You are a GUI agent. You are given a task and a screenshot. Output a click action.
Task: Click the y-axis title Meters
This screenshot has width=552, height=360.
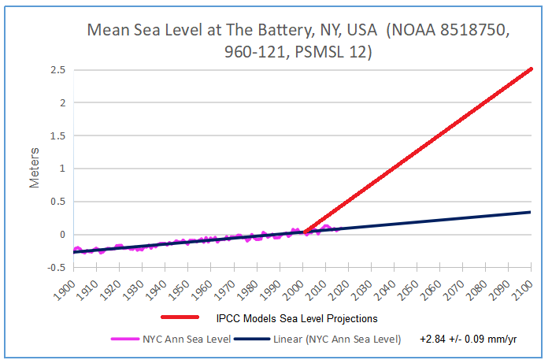tap(35, 170)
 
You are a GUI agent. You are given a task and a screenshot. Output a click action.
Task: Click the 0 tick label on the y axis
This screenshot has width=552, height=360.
tap(60, 234)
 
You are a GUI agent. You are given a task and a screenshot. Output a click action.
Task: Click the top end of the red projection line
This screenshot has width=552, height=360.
tap(532, 69)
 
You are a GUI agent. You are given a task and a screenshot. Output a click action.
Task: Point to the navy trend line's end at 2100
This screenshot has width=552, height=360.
tap(532, 212)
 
